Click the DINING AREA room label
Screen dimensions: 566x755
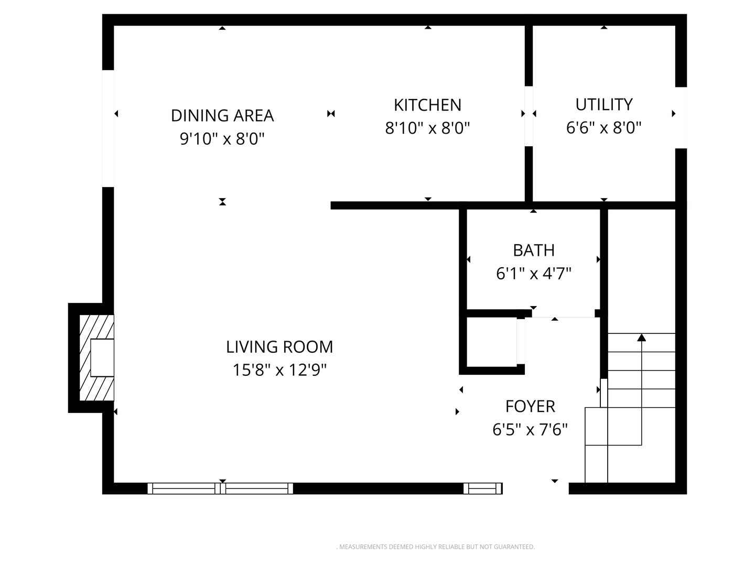[222, 115]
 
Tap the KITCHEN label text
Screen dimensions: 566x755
[427, 105]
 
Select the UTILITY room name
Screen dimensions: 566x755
[603, 104]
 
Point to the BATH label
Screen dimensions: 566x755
[533, 250]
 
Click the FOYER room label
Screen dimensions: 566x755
[530, 406]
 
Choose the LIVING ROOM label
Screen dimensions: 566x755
[279, 346]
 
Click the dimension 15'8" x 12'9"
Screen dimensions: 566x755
[279, 370]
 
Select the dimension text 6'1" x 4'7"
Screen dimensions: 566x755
[533, 274]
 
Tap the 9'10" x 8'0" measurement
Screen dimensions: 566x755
[222, 139]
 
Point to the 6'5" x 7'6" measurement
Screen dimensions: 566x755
[530, 430]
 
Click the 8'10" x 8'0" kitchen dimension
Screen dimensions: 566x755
[427, 128]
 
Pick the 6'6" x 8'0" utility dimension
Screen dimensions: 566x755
[603, 128]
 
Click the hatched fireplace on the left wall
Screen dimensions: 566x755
[96, 358]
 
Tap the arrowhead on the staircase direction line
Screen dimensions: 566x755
[641, 338]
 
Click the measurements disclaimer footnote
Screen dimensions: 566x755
[435, 547]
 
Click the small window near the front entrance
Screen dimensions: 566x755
[482, 488]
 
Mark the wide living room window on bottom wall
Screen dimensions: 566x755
[220, 488]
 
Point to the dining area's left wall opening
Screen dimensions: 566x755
[108, 128]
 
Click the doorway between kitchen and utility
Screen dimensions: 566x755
[528, 116]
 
